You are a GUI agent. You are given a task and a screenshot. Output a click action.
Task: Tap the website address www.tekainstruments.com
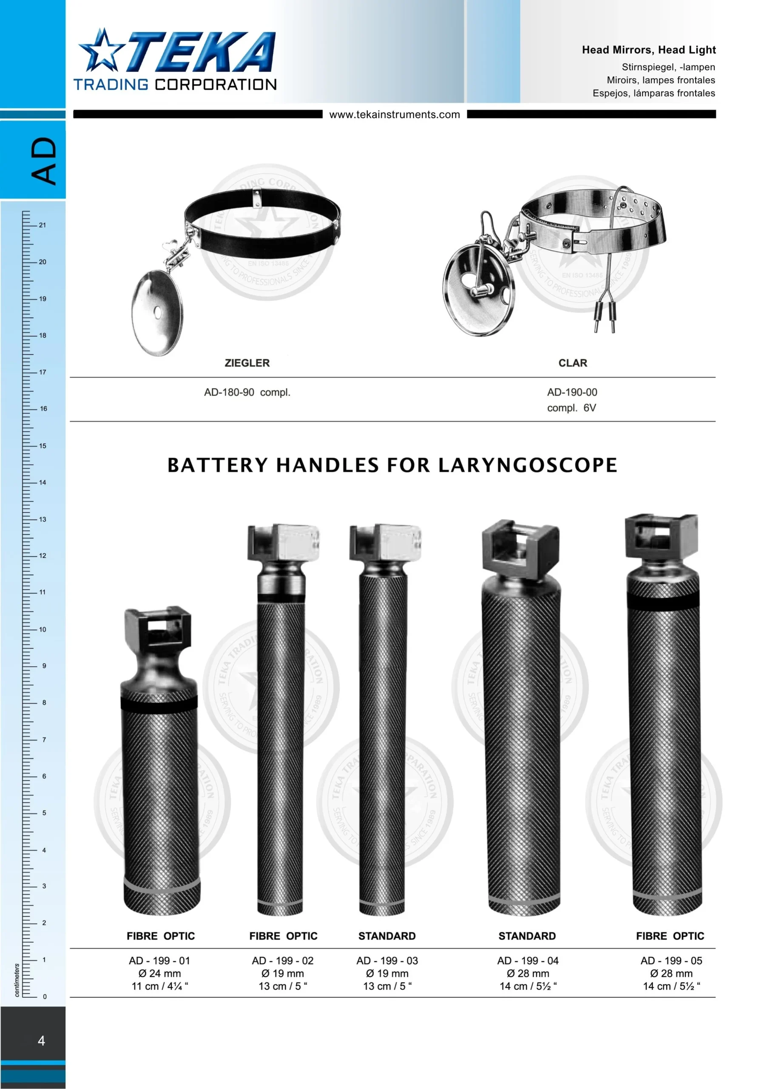coord(395,114)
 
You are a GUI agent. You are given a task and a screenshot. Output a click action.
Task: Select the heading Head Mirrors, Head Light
coord(649,50)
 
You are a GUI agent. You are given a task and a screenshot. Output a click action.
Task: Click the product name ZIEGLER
coord(247,363)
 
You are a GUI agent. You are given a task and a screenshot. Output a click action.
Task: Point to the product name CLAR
coord(573,363)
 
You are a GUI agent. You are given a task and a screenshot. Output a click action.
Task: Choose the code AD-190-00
coord(572,392)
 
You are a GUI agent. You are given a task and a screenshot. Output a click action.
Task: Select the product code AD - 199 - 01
coord(159,961)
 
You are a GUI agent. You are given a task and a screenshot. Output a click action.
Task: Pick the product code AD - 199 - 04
coord(528,961)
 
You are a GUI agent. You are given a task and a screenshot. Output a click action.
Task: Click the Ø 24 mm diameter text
coord(159,973)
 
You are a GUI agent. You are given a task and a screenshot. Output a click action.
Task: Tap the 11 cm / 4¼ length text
coord(160,986)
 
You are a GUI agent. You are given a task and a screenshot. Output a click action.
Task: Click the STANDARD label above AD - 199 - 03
coord(387,936)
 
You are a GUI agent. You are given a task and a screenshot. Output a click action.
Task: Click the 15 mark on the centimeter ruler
coord(43,446)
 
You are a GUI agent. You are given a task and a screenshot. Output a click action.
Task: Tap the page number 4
coord(41,1041)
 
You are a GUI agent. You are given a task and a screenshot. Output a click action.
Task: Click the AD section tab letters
coord(44,161)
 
